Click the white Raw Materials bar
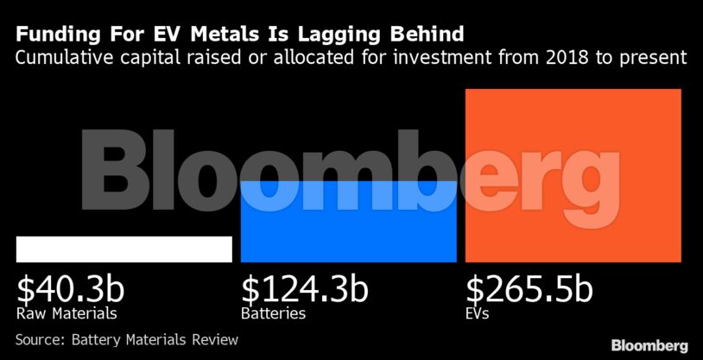(123, 249)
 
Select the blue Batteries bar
(348, 222)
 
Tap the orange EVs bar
(573, 175)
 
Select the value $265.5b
(529, 288)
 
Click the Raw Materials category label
(66, 313)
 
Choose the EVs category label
(478, 313)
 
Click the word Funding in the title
(54, 35)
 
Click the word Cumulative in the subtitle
(66, 59)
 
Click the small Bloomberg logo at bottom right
(649, 345)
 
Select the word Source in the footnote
(41, 340)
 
